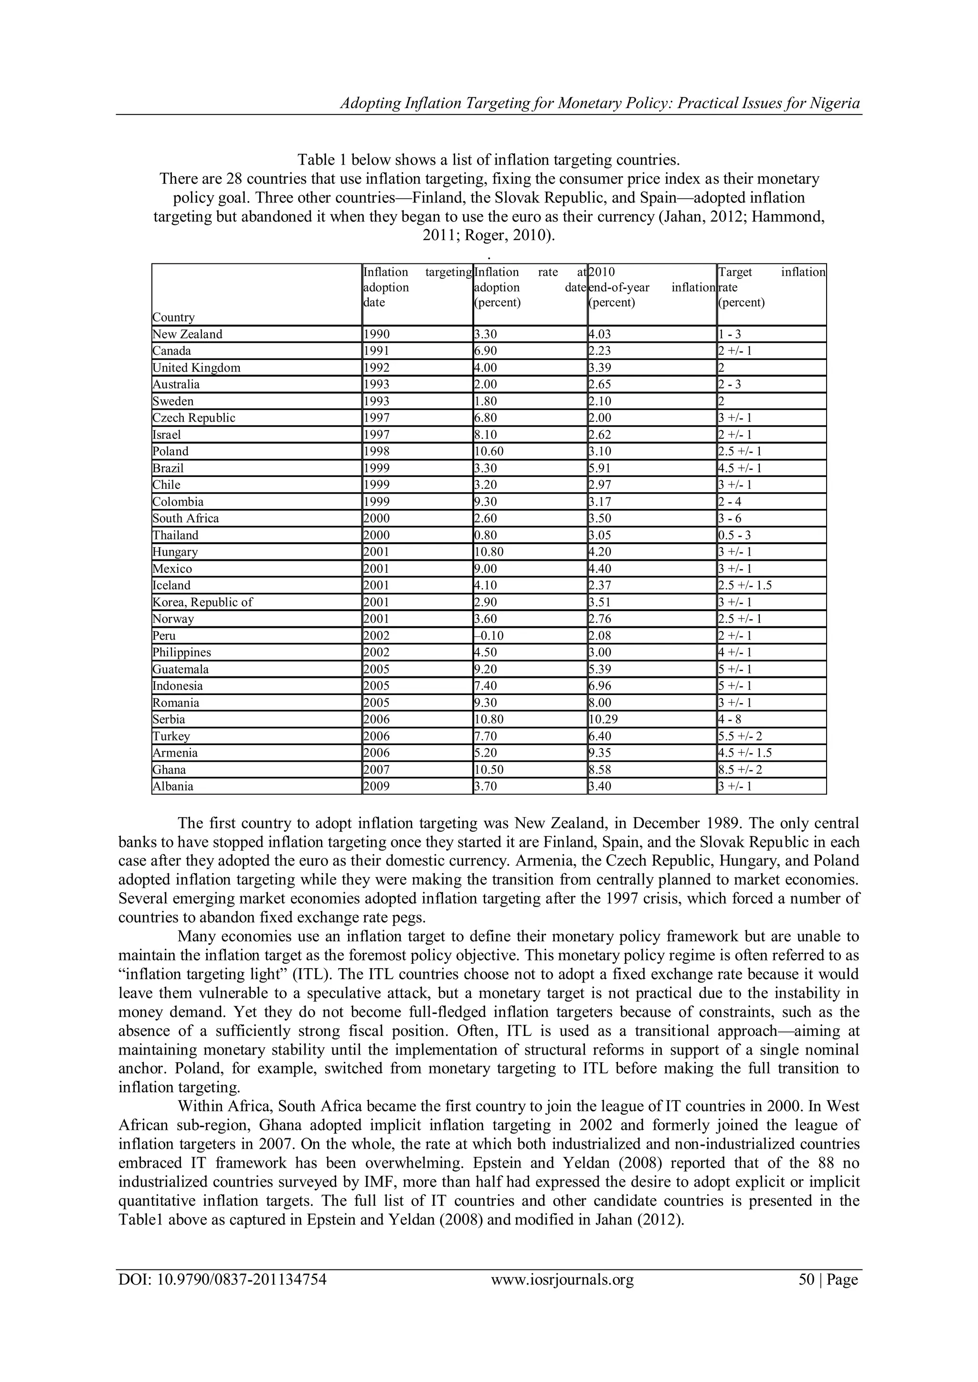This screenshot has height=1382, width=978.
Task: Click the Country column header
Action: [x=173, y=317]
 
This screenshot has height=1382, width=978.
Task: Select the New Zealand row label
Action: [x=187, y=334]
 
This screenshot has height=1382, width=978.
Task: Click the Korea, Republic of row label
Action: [x=202, y=602]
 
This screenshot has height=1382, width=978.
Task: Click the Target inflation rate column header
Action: [x=771, y=287]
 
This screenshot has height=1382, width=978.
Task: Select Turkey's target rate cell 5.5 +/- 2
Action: [x=741, y=736]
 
